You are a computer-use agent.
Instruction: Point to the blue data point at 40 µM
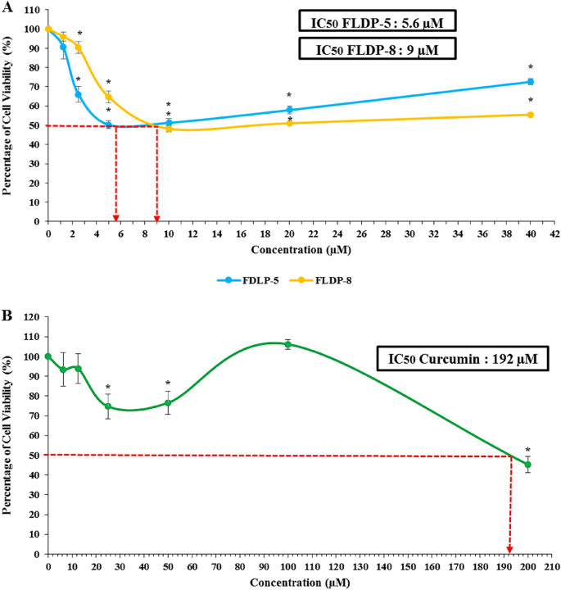click(x=531, y=82)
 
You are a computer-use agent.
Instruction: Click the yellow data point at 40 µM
click(x=531, y=115)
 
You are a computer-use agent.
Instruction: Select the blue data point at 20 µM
click(x=289, y=110)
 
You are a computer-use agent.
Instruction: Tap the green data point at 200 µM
click(x=527, y=465)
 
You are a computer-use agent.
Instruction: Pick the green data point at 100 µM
click(x=287, y=345)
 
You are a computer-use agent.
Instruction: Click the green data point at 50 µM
click(x=168, y=403)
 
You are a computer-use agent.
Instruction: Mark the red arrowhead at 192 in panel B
click(x=509, y=550)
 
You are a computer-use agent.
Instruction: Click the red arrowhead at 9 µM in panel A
click(x=156, y=217)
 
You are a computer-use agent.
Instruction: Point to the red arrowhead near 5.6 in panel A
click(x=116, y=217)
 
